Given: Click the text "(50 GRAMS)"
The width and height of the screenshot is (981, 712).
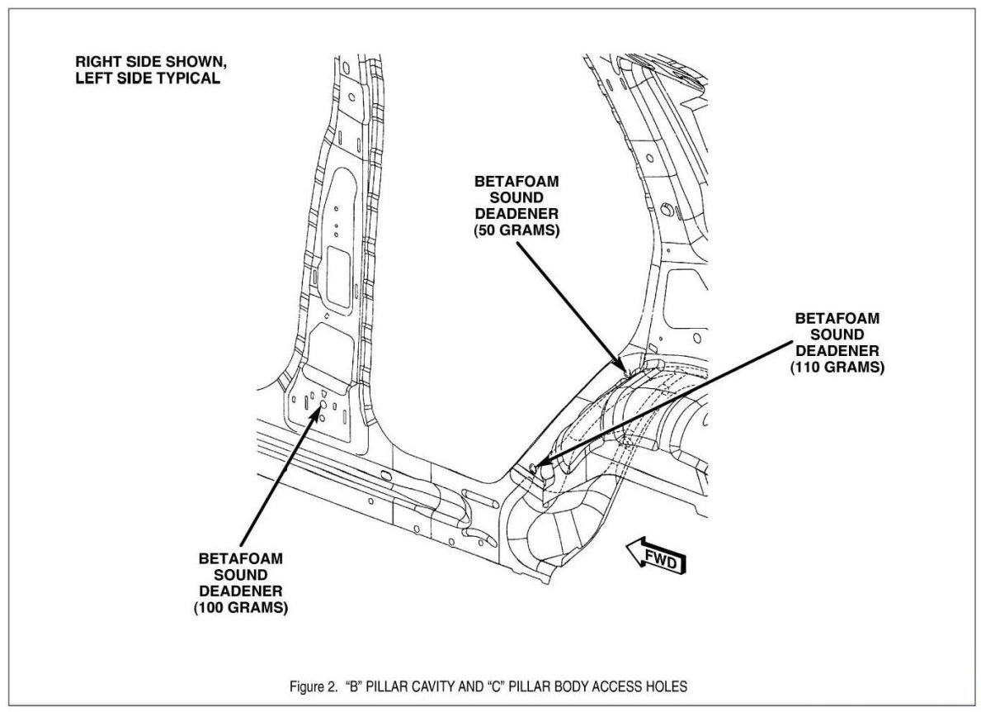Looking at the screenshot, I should [x=517, y=232].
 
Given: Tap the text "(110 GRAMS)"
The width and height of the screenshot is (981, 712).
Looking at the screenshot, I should [x=837, y=368].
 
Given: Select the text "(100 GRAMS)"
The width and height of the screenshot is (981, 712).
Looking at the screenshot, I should [x=241, y=609].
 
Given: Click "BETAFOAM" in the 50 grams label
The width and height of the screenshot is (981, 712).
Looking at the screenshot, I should [x=517, y=182].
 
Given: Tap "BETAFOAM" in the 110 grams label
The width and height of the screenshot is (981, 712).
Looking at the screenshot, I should [x=837, y=317].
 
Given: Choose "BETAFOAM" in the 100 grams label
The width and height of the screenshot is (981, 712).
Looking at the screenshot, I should [x=241, y=558].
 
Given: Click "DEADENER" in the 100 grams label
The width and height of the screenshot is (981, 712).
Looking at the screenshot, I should [x=241, y=591].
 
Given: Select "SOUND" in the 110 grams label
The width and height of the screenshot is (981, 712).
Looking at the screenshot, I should [x=837, y=334].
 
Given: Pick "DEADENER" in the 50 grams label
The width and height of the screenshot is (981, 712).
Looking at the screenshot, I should [x=517, y=216].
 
